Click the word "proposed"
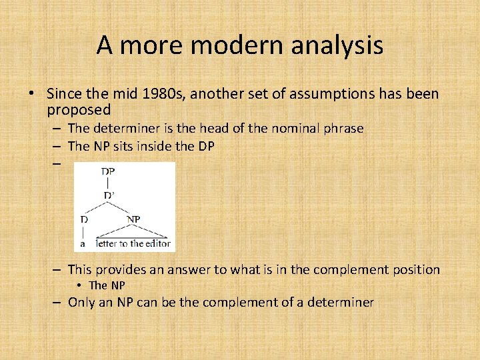click(x=79, y=109)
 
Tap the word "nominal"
click(x=297, y=129)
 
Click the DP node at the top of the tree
click(x=108, y=171)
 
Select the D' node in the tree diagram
click(x=109, y=195)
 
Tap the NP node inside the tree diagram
click(x=133, y=219)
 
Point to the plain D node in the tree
click(x=83, y=219)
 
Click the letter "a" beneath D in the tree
click(x=83, y=243)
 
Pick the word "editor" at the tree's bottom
click(x=157, y=243)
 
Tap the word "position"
click(x=414, y=270)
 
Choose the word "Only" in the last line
click(x=82, y=302)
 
